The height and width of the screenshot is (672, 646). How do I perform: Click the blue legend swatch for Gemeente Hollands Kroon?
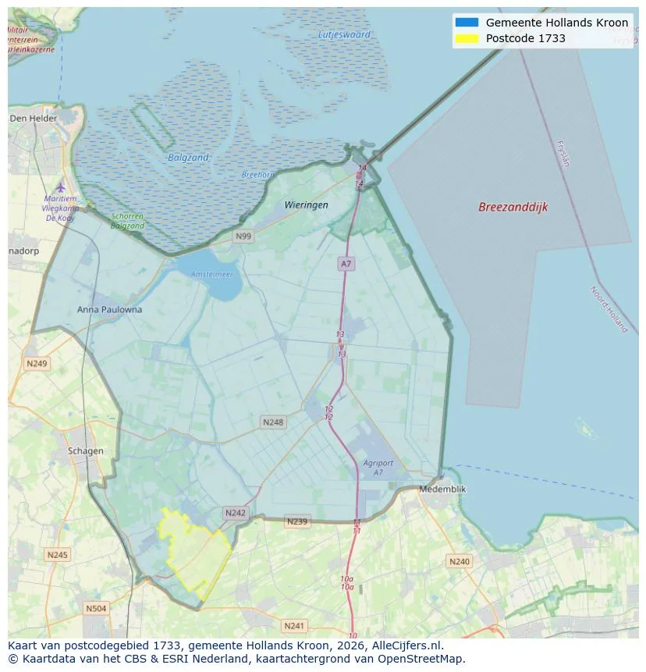[466, 23]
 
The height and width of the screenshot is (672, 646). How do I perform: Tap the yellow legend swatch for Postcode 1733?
[466, 38]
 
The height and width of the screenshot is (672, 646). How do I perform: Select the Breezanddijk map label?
[513, 207]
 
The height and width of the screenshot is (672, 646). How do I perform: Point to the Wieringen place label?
[306, 204]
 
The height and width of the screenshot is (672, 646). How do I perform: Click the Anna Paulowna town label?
[110, 309]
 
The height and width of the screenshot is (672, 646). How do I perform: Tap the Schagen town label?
[85, 451]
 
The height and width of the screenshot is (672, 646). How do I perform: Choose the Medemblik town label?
[442, 489]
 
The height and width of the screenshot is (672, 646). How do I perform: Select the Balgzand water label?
[188, 158]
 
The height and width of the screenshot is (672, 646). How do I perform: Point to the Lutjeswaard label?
[344, 34]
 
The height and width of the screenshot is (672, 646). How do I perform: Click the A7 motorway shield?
[346, 264]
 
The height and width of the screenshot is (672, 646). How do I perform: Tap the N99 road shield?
[243, 236]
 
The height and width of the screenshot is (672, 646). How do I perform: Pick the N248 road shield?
[273, 422]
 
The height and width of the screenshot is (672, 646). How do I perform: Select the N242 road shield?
[235, 513]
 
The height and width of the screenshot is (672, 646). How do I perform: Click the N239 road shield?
[297, 521]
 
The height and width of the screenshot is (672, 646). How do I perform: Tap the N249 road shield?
[37, 364]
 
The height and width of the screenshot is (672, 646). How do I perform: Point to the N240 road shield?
[459, 561]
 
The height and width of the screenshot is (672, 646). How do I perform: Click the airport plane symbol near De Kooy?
[61, 187]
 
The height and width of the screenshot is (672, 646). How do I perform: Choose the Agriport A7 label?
[378, 468]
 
